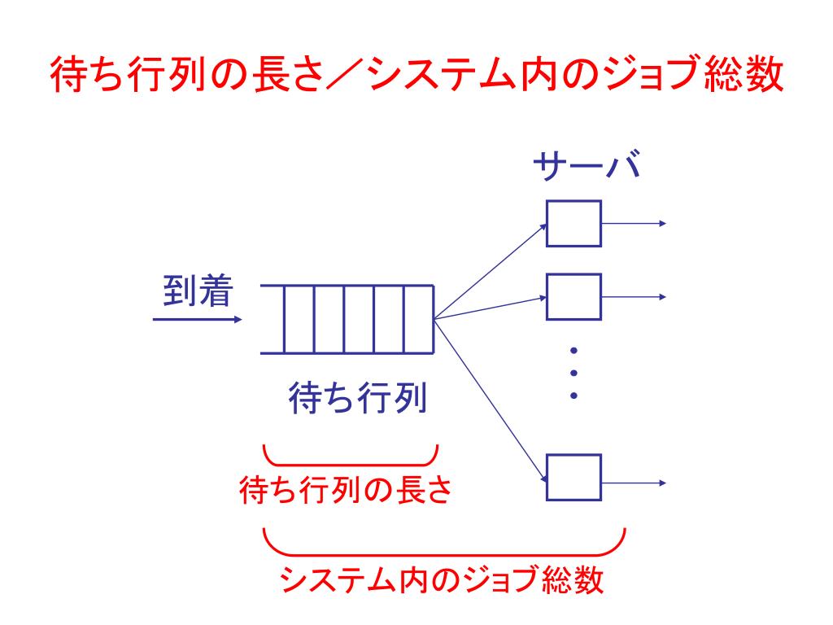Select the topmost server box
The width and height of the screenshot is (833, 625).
pos(574,223)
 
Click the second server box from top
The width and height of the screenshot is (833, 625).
pos(574,296)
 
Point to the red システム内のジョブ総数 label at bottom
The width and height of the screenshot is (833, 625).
pos(442,579)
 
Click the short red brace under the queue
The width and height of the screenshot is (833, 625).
pos(351,458)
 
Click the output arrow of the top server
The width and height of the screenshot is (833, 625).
pos(635,223)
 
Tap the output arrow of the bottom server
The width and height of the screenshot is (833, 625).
pos(635,483)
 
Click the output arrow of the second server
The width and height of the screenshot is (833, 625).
pos(635,296)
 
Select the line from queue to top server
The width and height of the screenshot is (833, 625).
pos(490,270)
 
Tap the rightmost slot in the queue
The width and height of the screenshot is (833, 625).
pos(419,319)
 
